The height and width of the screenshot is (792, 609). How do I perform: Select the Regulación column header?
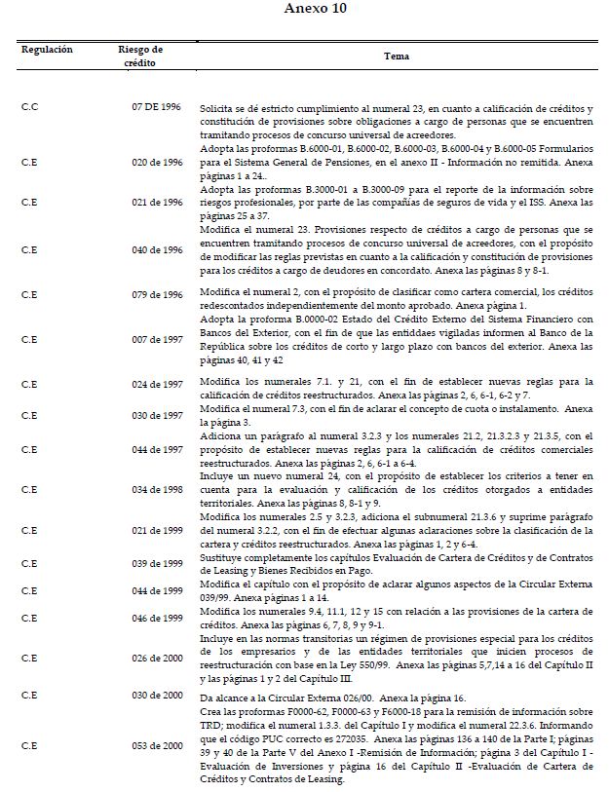47,49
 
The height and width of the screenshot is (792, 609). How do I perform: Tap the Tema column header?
397,56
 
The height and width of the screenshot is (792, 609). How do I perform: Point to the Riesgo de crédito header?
140,56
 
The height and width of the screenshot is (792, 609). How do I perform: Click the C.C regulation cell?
29,105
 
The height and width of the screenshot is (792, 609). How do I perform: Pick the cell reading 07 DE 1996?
157,105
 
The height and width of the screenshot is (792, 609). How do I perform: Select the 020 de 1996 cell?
157,162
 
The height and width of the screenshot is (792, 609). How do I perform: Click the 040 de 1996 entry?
157,250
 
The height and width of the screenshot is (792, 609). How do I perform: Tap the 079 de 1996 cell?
157,295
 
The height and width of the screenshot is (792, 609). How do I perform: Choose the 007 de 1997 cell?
157,339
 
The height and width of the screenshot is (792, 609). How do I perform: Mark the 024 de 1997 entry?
157,385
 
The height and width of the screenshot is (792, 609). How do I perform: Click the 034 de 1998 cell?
157,488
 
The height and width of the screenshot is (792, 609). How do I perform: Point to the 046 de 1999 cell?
157,619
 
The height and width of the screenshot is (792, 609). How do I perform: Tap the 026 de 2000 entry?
157,658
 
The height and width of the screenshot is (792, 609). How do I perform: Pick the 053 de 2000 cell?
157,745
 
